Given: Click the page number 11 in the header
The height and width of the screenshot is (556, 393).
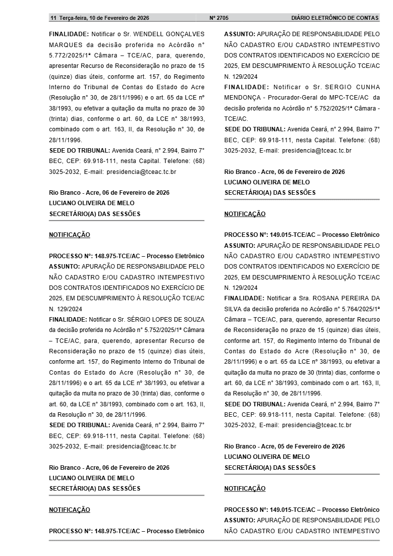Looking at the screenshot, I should click(x=53, y=18).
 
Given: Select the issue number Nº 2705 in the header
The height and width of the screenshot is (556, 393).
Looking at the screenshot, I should click(x=219, y=18).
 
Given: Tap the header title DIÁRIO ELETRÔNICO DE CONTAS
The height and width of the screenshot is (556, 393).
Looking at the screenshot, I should click(x=335, y=18).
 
